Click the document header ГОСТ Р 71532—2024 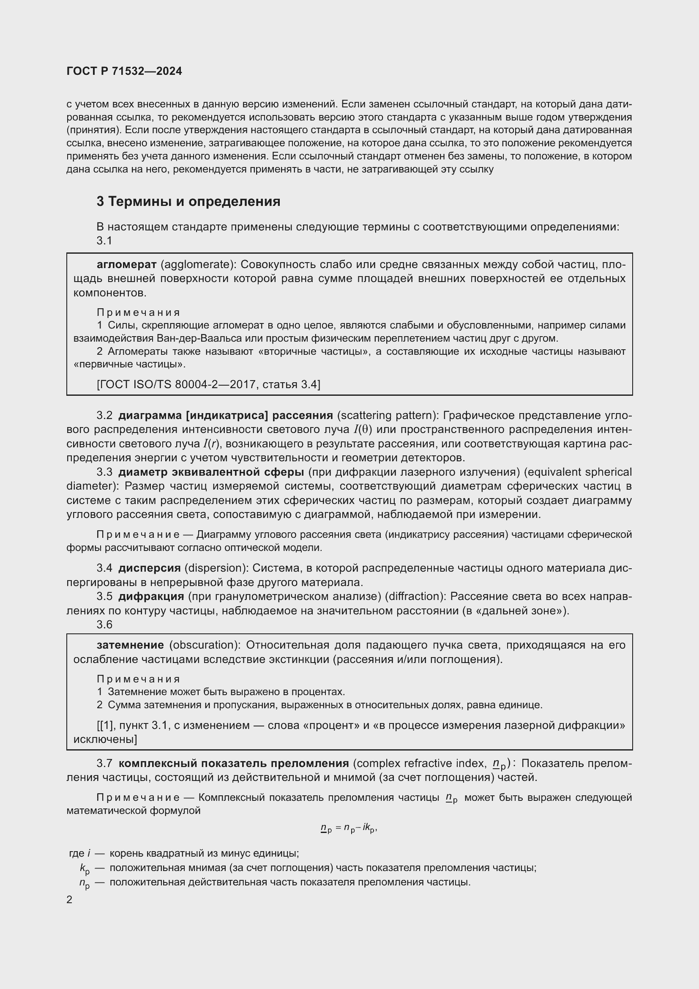tap(124, 71)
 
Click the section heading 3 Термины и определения tap(188, 202)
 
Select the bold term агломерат tap(126, 264)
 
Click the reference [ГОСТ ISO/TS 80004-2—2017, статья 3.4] tap(208, 384)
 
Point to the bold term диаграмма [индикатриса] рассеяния tap(226, 415)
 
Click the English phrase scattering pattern tap(386, 415)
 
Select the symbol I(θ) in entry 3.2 tap(363, 430)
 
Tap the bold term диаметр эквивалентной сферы tap(211, 472)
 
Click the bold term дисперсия tap(149, 568)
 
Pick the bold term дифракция tap(151, 597)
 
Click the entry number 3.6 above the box tap(104, 625)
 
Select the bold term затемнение tap(131, 645)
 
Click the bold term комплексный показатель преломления tap(234, 764)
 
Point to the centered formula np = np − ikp tap(349, 828)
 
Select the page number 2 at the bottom tap(70, 900)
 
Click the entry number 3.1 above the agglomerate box tap(104, 241)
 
